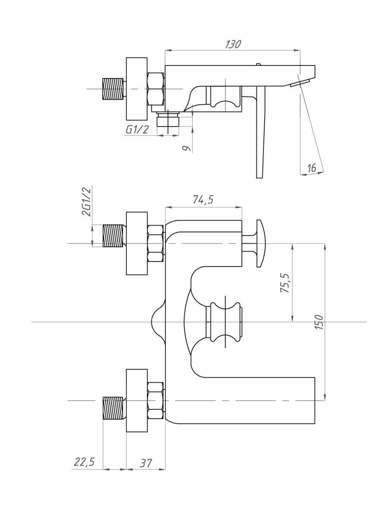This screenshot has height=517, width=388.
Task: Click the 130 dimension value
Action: (x=233, y=44)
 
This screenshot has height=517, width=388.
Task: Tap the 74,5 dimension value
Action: (x=203, y=200)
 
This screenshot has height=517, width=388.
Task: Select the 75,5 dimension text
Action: (x=285, y=283)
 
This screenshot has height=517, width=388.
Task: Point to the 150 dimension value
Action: (x=319, y=322)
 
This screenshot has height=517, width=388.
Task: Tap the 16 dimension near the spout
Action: (x=311, y=168)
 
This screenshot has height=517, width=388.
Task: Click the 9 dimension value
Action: (x=186, y=148)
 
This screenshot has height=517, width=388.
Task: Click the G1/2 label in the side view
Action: (x=137, y=130)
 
